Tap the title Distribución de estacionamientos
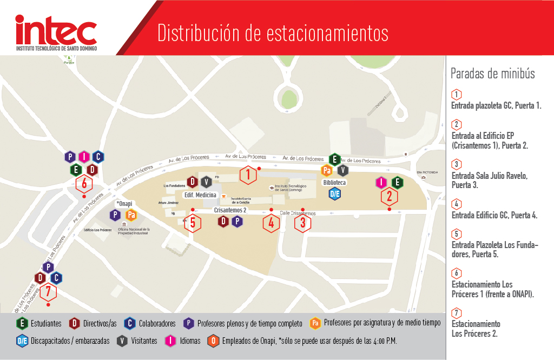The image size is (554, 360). [x=273, y=32]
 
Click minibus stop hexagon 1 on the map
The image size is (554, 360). [x=248, y=175]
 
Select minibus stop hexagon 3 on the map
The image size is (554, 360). [x=302, y=222]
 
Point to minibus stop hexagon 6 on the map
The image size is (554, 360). [x=84, y=183]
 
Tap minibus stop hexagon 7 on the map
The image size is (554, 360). [x=48, y=292]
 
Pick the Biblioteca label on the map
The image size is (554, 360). [x=334, y=182]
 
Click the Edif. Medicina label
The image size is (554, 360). [x=200, y=195]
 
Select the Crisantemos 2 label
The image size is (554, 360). [x=230, y=210]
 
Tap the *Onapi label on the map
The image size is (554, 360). [x=124, y=203]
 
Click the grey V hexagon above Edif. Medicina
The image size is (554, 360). [x=206, y=182]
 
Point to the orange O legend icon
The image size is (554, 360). [x=214, y=341]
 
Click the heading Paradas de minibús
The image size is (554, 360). [x=492, y=74]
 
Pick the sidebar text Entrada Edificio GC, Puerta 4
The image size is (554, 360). [x=494, y=215]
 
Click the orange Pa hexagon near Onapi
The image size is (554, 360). [x=130, y=215]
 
